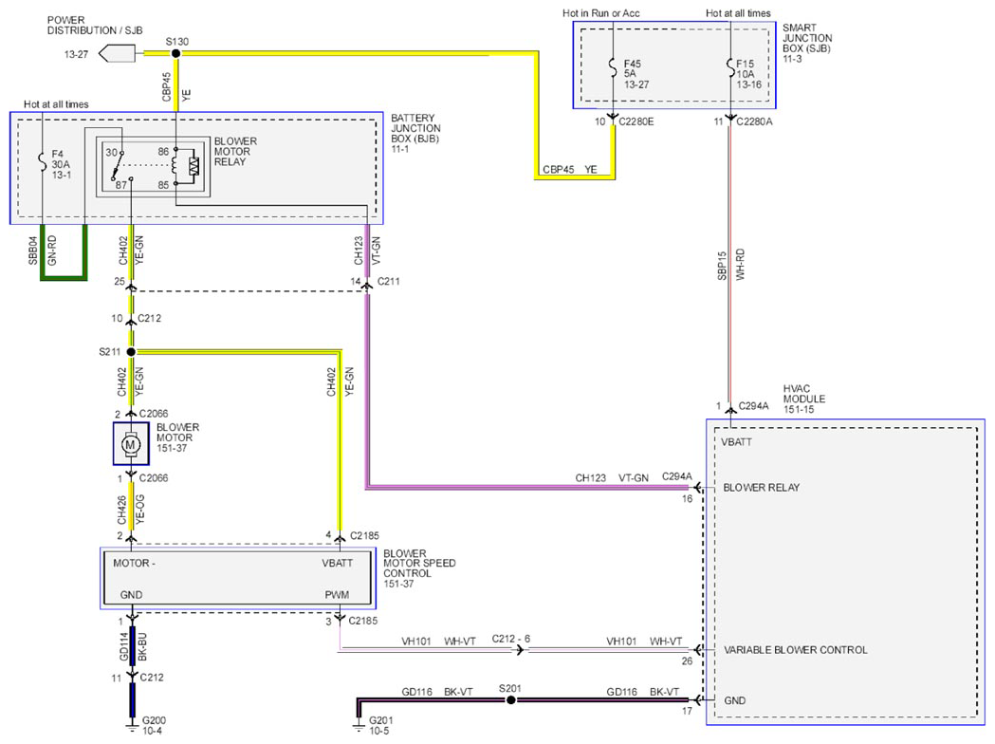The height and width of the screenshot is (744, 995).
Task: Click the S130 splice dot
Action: (175, 53)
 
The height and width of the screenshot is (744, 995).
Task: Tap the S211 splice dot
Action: (131, 352)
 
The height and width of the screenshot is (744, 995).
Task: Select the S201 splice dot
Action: (511, 699)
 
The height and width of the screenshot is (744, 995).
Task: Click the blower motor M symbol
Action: (131, 444)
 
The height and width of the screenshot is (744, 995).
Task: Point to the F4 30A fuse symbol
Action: (42, 162)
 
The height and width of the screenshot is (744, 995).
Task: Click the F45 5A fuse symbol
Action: (613, 67)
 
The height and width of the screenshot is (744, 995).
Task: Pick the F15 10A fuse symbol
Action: (730, 67)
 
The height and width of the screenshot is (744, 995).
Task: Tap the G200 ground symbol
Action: (131, 725)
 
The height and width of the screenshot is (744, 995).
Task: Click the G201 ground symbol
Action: (359, 725)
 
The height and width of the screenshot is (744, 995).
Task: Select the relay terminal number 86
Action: (164, 152)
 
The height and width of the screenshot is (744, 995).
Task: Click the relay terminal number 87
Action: (120, 185)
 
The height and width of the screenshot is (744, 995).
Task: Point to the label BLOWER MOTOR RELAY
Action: (235, 152)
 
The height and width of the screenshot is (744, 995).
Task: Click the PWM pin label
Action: (337, 595)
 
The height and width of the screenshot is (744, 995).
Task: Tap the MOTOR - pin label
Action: (134, 563)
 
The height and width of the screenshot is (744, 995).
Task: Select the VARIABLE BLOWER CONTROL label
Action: (796, 650)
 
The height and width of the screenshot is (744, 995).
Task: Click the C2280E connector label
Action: (636, 121)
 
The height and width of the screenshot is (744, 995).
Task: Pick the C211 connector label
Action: (388, 281)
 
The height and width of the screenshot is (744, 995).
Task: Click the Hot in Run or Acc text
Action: (601, 12)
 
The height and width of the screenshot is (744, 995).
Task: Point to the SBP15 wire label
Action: (722, 266)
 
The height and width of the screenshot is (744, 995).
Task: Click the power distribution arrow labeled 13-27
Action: (118, 54)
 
